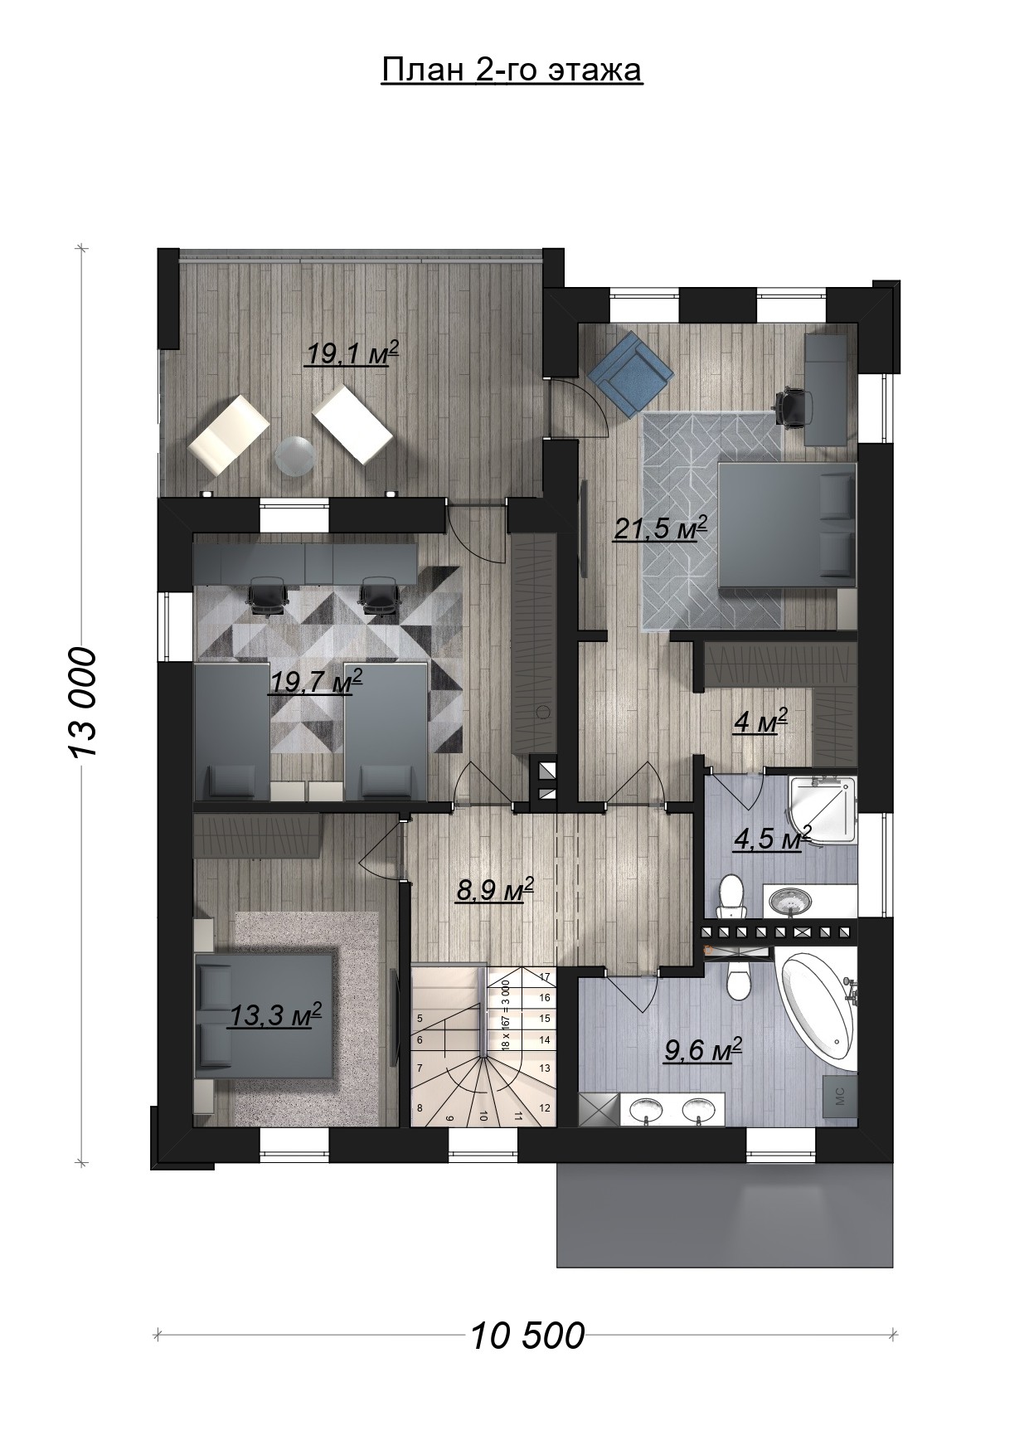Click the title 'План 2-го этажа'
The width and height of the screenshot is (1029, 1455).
click(x=512, y=71)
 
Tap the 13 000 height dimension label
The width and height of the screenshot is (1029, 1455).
click(x=84, y=702)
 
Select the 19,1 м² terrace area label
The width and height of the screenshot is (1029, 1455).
click(x=352, y=353)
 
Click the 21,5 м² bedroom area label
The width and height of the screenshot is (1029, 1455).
click(x=660, y=528)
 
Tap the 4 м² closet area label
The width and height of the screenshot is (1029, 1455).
click(x=760, y=721)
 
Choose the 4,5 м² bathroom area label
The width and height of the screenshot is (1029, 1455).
click(x=772, y=838)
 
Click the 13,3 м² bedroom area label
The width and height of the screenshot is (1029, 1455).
click(x=274, y=1015)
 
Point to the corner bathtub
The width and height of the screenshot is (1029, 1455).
click(x=817, y=1013)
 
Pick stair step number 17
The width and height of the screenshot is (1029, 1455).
click(x=545, y=976)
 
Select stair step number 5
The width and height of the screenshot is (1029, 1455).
click(x=420, y=1018)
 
